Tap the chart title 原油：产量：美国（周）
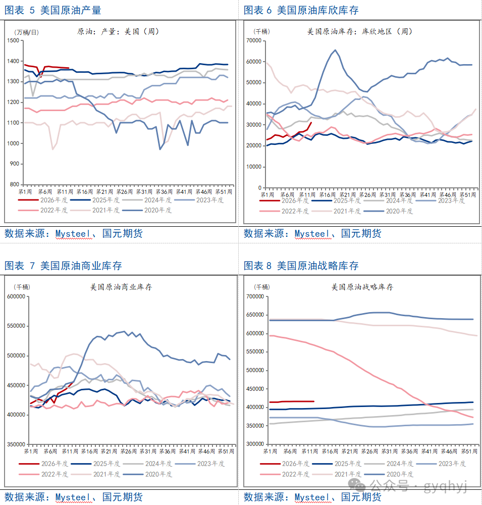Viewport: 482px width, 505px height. [x=118, y=31]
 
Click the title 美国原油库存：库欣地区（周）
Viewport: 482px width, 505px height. [x=360, y=31]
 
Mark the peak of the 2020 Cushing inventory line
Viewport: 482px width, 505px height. [x=335, y=50]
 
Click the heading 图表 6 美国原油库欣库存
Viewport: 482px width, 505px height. [x=301, y=10]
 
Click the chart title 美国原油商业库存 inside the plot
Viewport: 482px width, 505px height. [x=121, y=287]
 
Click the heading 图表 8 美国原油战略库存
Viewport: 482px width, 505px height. [x=301, y=266]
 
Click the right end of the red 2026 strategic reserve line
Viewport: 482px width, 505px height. [x=314, y=401]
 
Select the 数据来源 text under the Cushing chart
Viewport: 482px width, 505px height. [x=267, y=233]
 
